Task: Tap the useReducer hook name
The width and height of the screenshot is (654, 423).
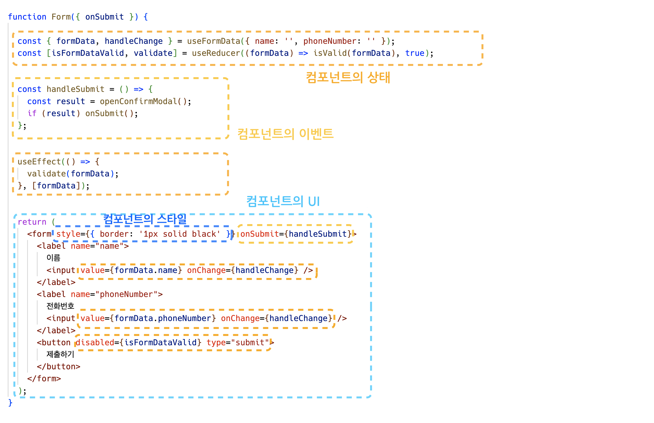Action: (x=216, y=53)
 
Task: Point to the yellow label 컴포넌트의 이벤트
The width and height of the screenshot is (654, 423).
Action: (x=285, y=134)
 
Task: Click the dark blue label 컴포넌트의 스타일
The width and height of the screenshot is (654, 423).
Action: (x=145, y=219)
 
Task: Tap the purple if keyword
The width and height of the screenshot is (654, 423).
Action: (x=32, y=113)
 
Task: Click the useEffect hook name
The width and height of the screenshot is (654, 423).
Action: (x=39, y=162)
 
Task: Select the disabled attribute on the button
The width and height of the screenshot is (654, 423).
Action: (x=95, y=343)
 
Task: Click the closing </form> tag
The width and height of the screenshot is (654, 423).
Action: (x=44, y=379)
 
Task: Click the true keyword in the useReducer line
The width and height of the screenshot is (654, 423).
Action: (x=415, y=53)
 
